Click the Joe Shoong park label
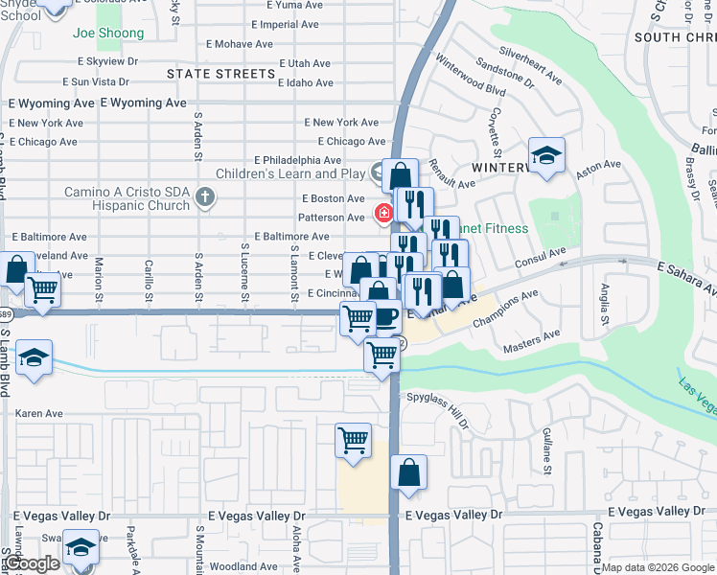click(107, 34)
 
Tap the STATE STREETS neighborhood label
click(220, 74)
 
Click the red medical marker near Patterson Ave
click(383, 213)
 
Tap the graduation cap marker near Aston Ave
click(546, 155)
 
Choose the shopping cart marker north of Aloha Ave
click(353, 442)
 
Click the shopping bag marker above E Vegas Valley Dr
click(408, 472)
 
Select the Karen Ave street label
click(38, 414)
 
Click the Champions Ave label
click(505, 310)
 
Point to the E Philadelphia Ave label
click(297, 160)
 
